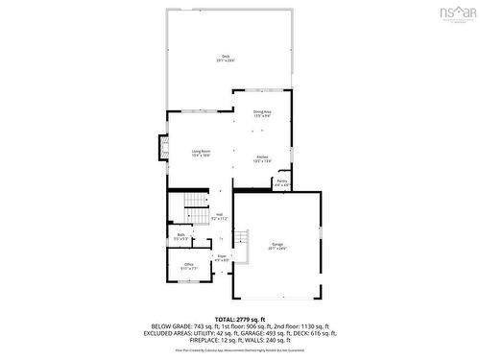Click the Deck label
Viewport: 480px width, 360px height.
tap(226, 56)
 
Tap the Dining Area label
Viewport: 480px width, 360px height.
tap(262, 111)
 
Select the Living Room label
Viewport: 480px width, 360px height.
tap(201, 151)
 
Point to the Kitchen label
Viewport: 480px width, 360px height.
tap(262, 156)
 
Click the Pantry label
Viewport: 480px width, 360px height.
tap(282, 180)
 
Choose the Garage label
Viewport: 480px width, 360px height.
tap(278, 244)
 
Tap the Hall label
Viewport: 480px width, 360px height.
tap(219, 214)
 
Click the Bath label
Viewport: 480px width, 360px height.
tap(180, 234)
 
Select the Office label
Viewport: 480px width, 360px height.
tap(189, 265)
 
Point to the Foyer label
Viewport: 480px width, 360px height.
tap(221, 255)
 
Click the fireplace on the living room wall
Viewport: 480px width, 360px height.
tap(164, 150)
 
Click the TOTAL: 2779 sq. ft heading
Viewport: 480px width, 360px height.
tap(239, 317)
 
